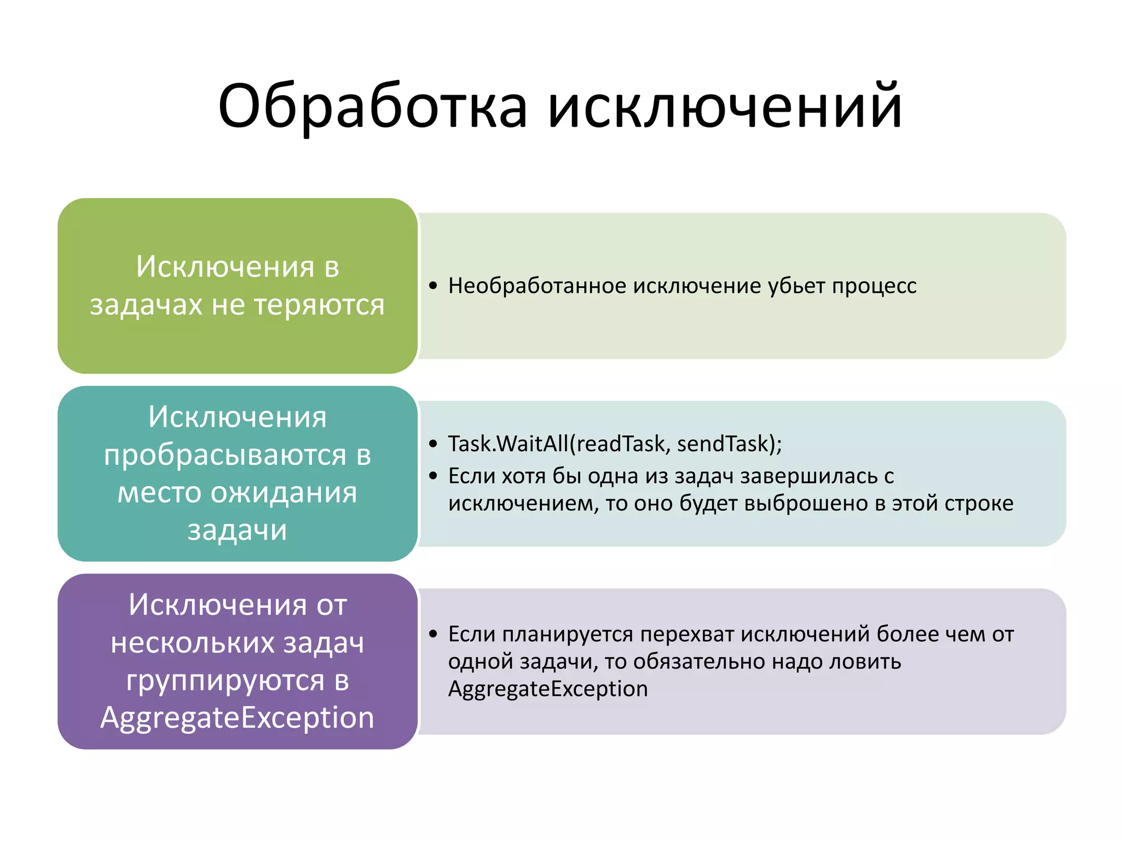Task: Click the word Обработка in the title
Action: coord(373,107)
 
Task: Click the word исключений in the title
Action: coord(725,107)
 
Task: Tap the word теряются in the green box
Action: coord(320,305)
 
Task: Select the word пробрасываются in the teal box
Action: coord(225,454)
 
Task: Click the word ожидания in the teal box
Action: coord(284,492)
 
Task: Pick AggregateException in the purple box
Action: coord(237,717)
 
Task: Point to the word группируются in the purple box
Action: coord(225,680)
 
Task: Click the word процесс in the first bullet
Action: coord(874,286)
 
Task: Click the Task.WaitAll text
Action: coord(507,443)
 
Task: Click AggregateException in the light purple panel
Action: coord(547,689)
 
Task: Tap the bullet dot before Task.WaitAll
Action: coord(434,443)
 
